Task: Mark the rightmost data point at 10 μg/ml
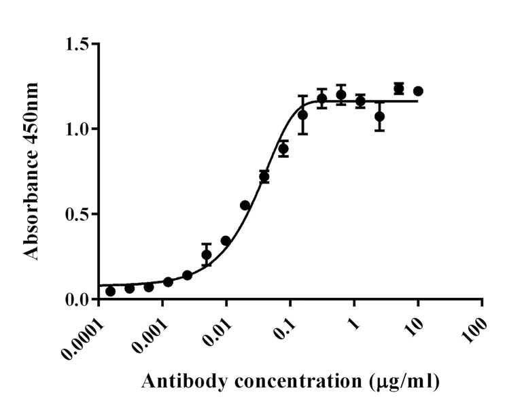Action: pos(418,91)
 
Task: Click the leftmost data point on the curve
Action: pos(110,291)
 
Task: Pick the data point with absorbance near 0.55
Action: pos(245,205)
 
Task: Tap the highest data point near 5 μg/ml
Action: pos(399,88)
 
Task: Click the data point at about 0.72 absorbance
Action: pos(264,177)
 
